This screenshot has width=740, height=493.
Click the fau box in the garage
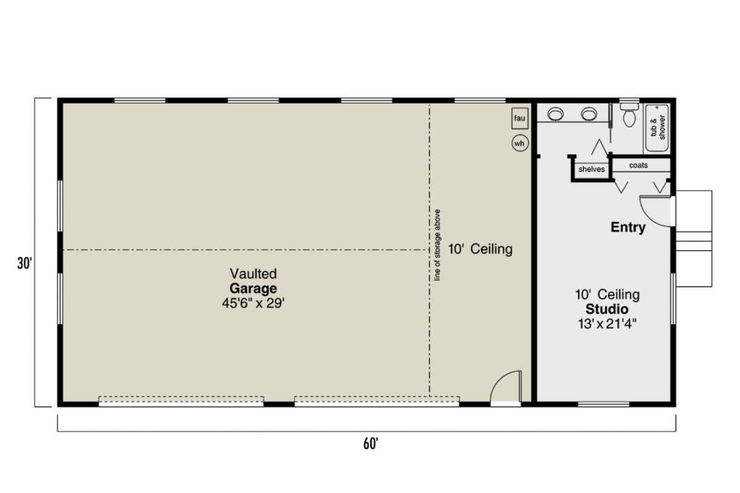tap(519, 117)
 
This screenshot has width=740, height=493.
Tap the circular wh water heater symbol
tap(519, 144)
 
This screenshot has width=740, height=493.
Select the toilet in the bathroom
tap(630, 115)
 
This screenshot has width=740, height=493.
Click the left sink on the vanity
tap(556, 114)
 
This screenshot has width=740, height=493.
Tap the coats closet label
tap(638, 165)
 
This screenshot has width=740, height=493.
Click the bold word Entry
tap(628, 227)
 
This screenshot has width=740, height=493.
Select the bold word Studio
tap(607, 309)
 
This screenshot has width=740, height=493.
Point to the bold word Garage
tap(253, 288)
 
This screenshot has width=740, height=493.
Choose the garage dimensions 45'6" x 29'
tap(253, 303)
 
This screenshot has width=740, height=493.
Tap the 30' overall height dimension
tap(24, 264)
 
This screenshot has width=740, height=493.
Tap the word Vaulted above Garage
tap(253, 273)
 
